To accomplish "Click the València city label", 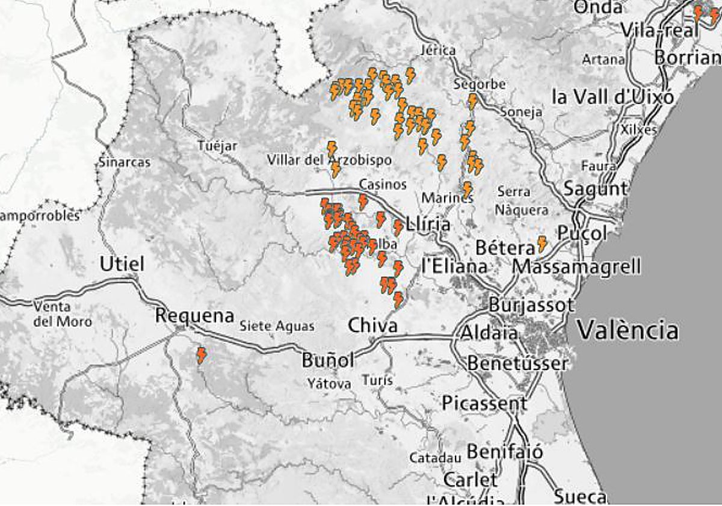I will pyautogui.click(x=628, y=330).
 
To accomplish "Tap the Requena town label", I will pyautogui.click(x=194, y=315).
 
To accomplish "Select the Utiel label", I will pyautogui.click(x=122, y=264).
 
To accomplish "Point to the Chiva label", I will pyautogui.click(x=372, y=326).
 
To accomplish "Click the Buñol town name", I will pyautogui.click(x=328, y=360).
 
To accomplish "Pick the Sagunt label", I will pyautogui.click(x=595, y=189).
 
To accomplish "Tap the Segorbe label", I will pyautogui.click(x=480, y=84).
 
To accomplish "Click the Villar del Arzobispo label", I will pyautogui.click(x=329, y=160).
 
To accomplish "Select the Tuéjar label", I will pyautogui.click(x=217, y=146).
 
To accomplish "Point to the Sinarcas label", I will pyautogui.click(x=125, y=162).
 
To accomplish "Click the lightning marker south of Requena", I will pyautogui.click(x=201, y=355).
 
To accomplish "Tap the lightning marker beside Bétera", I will pyautogui.click(x=541, y=243).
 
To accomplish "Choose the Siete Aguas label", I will pyautogui.click(x=277, y=326).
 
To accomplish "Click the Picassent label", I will pyautogui.click(x=484, y=403).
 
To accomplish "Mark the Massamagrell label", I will pyautogui.click(x=576, y=266).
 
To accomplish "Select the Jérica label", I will pyautogui.click(x=439, y=51).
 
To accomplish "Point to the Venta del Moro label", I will pyautogui.click(x=63, y=314).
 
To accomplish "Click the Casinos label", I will pyautogui.click(x=383, y=184).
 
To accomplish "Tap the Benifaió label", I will pyautogui.click(x=504, y=451).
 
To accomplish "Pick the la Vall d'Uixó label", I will pyautogui.click(x=613, y=97).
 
